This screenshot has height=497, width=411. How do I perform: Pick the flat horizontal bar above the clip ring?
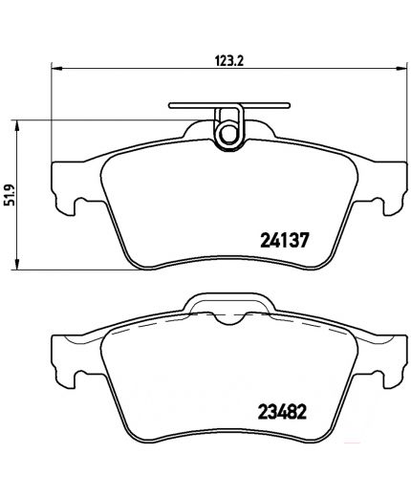point(229,105)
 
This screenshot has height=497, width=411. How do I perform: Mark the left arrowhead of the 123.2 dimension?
point(54,69)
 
